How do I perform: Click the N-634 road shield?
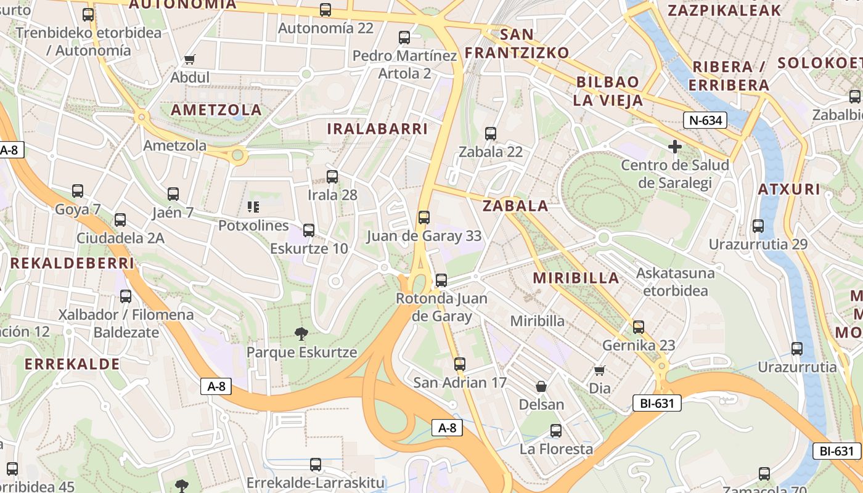(705, 120)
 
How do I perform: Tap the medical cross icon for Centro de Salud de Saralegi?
(675, 147)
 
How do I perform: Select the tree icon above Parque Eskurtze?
(301, 334)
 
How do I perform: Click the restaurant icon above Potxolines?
(253, 207)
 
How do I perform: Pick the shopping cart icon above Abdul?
(190, 60)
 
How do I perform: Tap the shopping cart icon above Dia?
(599, 370)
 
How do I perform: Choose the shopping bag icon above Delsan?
(541, 386)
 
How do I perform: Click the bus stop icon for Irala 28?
(332, 177)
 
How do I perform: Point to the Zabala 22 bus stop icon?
(491, 133)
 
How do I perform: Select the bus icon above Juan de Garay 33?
(423, 218)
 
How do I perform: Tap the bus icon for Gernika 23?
(639, 327)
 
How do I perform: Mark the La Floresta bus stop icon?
(556, 431)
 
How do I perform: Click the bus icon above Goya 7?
(78, 191)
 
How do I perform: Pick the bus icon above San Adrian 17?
(459, 364)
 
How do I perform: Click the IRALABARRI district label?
(377, 129)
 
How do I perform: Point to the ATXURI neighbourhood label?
(790, 189)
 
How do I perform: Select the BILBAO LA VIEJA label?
(608, 91)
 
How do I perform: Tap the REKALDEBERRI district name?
(72, 263)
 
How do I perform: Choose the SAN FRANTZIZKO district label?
(517, 43)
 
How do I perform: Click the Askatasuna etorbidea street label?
(676, 282)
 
